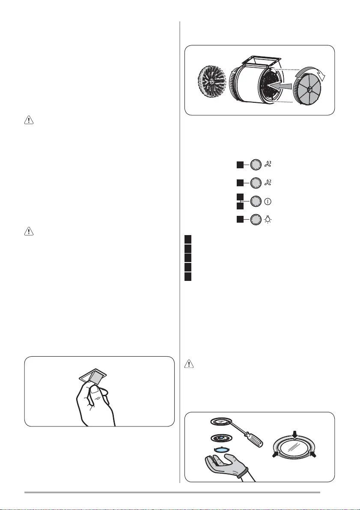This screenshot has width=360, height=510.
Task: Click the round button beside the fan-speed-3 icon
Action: [255, 165]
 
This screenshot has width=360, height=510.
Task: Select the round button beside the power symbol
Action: [255, 201]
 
